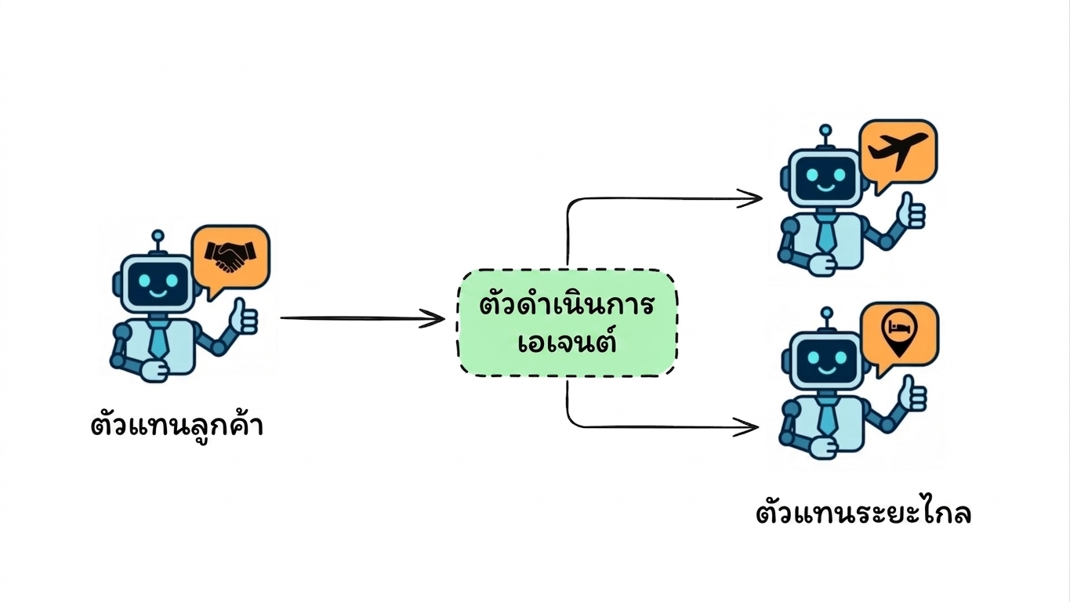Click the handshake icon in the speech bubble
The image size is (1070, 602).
[230, 256]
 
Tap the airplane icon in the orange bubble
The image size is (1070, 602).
[898, 150]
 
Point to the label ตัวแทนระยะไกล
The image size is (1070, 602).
[863, 513]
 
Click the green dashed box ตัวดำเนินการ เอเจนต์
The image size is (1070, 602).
[567, 323]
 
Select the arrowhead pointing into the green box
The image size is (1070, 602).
[432, 319]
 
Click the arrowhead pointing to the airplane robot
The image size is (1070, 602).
[749, 199]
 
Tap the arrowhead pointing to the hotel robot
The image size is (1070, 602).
[745, 426]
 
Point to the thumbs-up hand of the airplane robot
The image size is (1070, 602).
[911, 211]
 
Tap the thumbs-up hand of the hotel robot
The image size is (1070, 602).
[912, 394]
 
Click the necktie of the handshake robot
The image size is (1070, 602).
[158, 339]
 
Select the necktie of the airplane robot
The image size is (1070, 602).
[825, 234]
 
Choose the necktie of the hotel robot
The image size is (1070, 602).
[826, 417]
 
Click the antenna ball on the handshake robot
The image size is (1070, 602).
[158, 236]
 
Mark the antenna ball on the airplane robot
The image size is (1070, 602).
[825, 131]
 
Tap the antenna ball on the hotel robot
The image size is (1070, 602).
[827, 314]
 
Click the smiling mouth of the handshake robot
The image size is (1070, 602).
[158, 292]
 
